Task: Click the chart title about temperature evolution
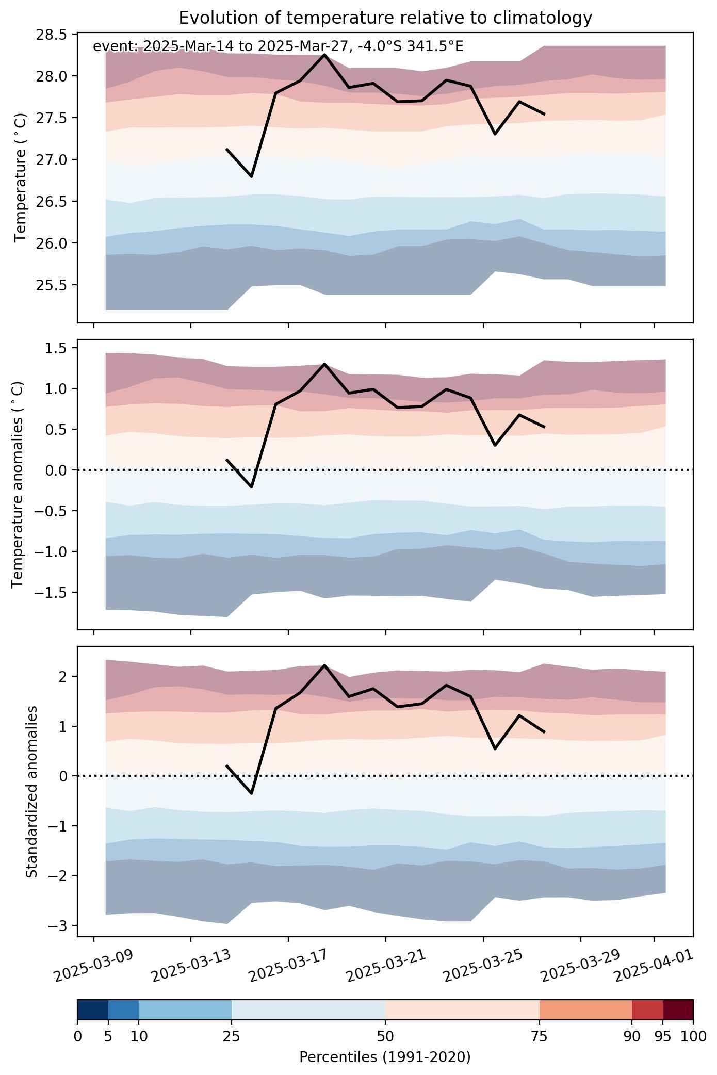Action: (385, 18)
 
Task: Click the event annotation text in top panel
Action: (278, 46)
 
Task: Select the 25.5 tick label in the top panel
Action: (51, 285)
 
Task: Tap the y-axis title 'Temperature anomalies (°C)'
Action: (19, 484)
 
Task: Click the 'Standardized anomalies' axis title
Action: (31, 791)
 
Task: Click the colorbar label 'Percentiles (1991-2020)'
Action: (385, 1057)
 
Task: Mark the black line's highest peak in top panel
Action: (324, 54)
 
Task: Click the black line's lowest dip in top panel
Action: (251, 176)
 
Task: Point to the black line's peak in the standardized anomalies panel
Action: (324, 665)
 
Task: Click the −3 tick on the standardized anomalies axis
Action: (59, 925)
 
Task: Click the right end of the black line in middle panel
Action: (544, 427)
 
